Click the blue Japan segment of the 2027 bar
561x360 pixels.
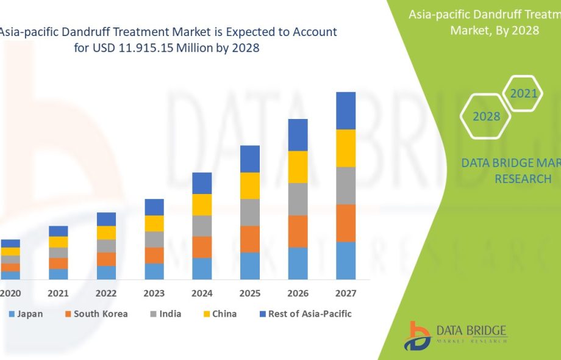tap(346, 261)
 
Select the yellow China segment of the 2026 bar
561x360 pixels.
tap(298, 167)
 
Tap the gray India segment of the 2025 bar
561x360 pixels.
tap(250, 212)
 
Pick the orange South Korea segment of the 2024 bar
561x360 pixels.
tap(202, 247)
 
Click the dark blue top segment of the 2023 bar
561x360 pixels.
tap(154, 207)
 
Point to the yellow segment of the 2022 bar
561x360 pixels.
tap(106, 232)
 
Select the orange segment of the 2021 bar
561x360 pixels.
tap(59, 263)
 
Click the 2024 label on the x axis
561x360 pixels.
tap(202, 293)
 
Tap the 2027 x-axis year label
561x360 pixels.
tap(346, 293)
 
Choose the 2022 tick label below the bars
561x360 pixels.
tap(106, 293)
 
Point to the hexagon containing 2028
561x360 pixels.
tap(487, 116)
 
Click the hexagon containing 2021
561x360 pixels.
tap(523, 93)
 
